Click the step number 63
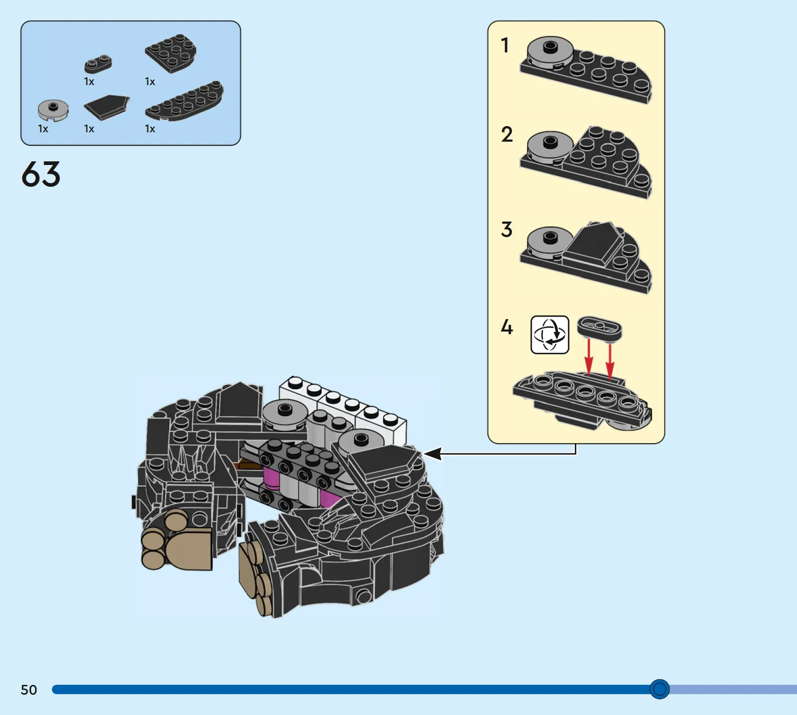(41, 174)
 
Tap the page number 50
(29, 690)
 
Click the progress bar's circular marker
(659, 689)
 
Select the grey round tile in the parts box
(53, 110)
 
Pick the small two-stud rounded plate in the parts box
(98, 64)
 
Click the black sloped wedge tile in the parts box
(106, 107)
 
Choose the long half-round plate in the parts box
(184, 101)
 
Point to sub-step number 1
(505, 45)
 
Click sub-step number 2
(507, 134)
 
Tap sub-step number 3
(507, 229)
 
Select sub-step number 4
(507, 327)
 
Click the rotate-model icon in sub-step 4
(549, 335)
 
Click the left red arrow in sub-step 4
(588, 357)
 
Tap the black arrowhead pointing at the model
(432, 453)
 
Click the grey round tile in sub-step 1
(550, 52)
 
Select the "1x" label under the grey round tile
(43, 129)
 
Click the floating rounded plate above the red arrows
(600, 328)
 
